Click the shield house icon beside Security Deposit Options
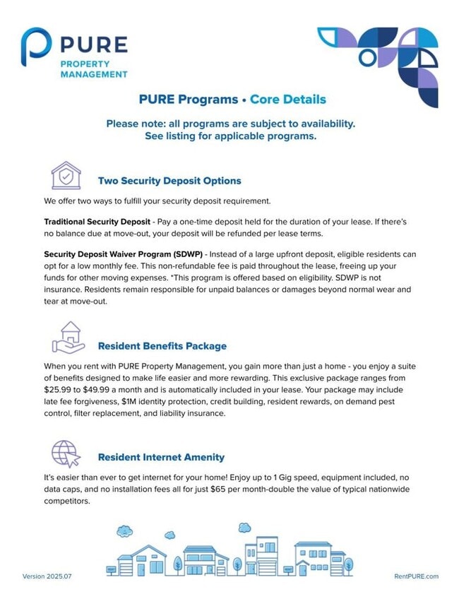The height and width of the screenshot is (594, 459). coord(66,175)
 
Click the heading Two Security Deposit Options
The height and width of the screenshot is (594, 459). coord(169,181)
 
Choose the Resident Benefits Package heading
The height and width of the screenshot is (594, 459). coord(162,346)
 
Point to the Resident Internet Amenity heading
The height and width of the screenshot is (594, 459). coord(161,457)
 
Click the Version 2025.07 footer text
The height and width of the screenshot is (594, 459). coord(47,576)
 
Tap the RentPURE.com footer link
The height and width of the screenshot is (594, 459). coord(416,576)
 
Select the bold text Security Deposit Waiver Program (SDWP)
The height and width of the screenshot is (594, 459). coord(123,254)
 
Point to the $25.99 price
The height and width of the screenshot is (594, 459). coord(57,390)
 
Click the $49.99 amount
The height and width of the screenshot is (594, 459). coord(103,390)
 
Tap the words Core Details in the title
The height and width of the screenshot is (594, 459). coord(288,100)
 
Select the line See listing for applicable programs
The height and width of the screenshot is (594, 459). coord(230,136)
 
